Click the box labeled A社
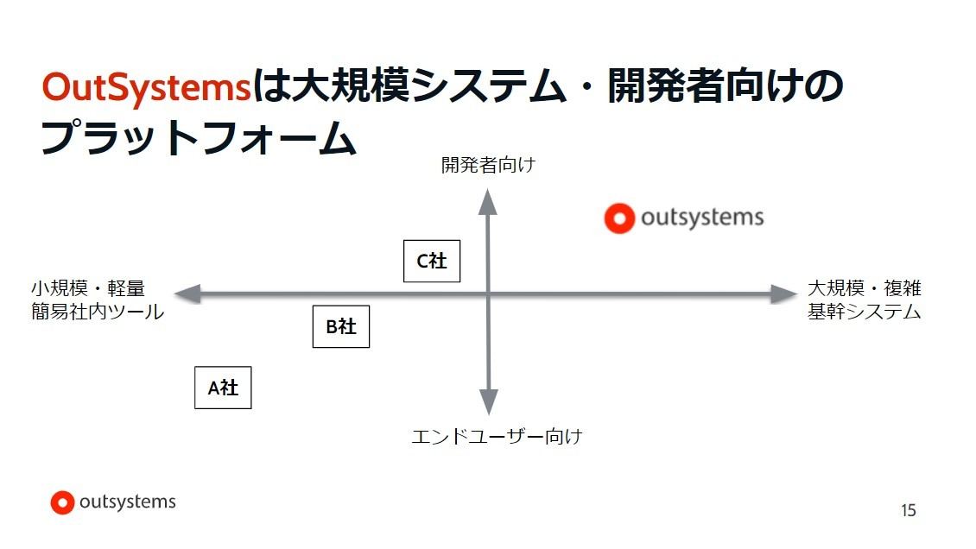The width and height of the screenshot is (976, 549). [x=223, y=388]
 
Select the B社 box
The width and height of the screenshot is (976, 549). [x=341, y=326]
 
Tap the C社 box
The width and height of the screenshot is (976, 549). [x=432, y=262]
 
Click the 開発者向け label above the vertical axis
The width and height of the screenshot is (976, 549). [x=488, y=165]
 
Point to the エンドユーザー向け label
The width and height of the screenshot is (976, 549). [x=497, y=437]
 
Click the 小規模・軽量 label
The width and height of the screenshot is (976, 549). [x=88, y=288]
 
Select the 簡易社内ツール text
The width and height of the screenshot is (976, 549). [x=98, y=311]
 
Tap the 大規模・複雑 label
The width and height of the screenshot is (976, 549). [x=864, y=288]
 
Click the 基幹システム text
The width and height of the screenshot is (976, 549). [x=864, y=311]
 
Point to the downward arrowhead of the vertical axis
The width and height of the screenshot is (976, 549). [x=489, y=401]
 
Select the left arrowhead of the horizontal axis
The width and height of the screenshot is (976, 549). [x=187, y=294]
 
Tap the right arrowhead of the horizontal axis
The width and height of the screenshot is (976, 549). [x=784, y=294]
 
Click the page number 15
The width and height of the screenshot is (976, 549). [x=908, y=510]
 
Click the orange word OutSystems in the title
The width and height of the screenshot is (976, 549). [x=147, y=87]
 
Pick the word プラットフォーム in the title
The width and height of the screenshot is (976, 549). [x=199, y=137]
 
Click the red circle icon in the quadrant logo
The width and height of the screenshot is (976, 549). [x=619, y=218]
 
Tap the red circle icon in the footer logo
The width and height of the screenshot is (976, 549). [x=62, y=503]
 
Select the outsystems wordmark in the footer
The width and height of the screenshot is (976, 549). [x=128, y=502]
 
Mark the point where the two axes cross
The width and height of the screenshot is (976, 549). [x=488, y=294]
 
